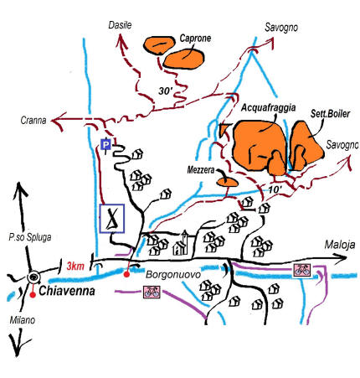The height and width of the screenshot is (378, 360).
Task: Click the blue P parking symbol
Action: pyautogui.click(x=105, y=145)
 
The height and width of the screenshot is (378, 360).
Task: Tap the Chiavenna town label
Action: pyautogui.click(x=67, y=291)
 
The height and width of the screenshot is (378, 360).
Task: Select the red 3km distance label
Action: pyautogui.click(x=75, y=266)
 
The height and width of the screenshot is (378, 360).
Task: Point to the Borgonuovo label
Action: pyautogui.click(x=173, y=274)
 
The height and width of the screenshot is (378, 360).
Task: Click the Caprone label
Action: pyautogui.click(x=195, y=39)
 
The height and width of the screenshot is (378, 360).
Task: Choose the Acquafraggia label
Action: pyautogui.click(x=268, y=107)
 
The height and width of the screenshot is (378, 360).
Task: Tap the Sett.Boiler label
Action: pyautogui.click(x=330, y=114)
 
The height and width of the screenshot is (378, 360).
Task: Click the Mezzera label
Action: pyautogui.click(x=201, y=170)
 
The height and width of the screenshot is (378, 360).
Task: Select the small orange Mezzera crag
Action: pyautogui.click(x=228, y=183)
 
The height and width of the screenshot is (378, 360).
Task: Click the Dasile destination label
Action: pyautogui.click(x=120, y=25)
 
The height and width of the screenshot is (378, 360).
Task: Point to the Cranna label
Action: pyautogui.click(x=33, y=121)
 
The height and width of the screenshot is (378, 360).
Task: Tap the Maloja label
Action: pyautogui.click(x=340, y=245)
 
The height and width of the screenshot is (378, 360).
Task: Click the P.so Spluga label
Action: pyautogui.click(x=30, y=237)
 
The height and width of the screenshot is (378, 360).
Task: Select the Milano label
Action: pyautogui.click(x=23, y=320)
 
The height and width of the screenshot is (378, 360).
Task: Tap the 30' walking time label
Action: pyautogui.click(x=165, y=91)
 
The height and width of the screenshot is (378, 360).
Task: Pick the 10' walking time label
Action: pyautogui.click(x=275, y=189)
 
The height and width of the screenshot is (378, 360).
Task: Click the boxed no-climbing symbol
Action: pyautogui.click(x=111, y=218)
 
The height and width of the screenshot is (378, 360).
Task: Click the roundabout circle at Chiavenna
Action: pyautogui.click(x=33, y=277)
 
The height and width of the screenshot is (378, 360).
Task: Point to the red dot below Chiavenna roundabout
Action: pyautogui.click(x=33, y=295)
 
